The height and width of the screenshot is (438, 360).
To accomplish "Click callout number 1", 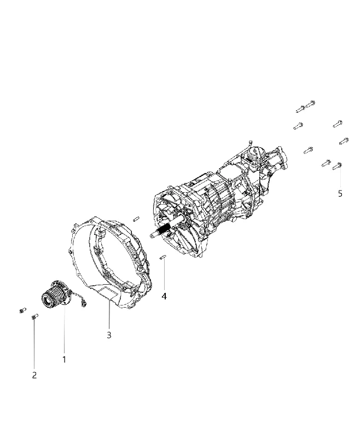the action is click(x=64, y=360).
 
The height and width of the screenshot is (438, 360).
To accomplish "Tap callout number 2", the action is click(x=34, y=375).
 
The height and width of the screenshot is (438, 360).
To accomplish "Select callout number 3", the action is click(x=109, y=335).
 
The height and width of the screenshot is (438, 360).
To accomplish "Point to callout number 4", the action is click(x=164, y=296).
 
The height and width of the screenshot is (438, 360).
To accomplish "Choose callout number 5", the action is click(x=340, y=193).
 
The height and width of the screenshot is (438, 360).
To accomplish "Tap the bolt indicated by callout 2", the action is click(x=34, y=316).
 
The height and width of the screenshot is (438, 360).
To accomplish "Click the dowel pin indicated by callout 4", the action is click(x=163, y=257).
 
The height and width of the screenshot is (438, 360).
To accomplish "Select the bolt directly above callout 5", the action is click(x=338, y=166).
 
